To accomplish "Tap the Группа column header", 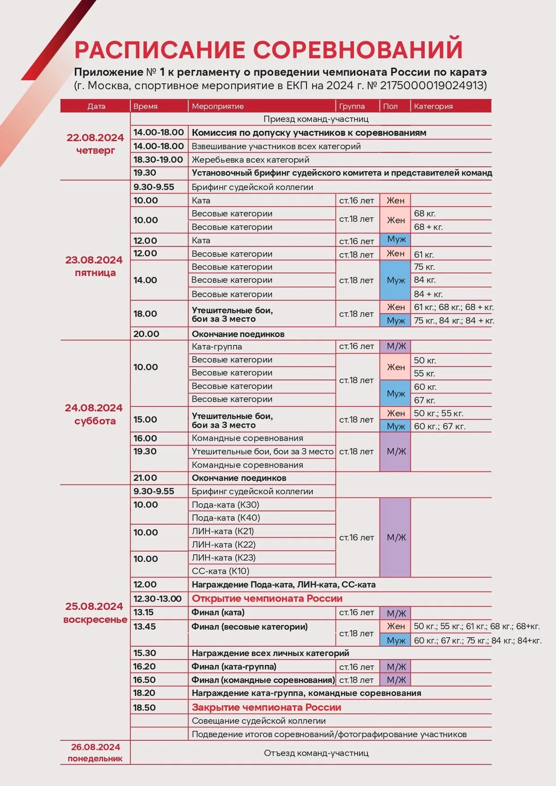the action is (x=352, y=106).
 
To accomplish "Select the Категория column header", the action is (x=433, y=106).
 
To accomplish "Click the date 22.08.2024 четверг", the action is (x=95, y=144).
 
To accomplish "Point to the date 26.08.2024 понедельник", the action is (x=95, y=752).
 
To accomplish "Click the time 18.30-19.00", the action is (x=158, y=160).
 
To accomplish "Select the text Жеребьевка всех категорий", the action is (x=250, y=160).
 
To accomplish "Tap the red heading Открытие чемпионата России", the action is (x=267, y=599).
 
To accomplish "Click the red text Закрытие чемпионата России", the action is (x=267, y=708).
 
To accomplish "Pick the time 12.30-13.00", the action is (x=157, y=599).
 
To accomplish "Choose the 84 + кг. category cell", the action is (x=428, y=294).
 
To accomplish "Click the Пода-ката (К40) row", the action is (x=226, y=518).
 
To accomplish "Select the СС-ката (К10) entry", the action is (x=220, y=571).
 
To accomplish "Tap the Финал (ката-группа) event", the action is (x=234, y=667).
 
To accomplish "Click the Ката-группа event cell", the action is (x=217, y=346).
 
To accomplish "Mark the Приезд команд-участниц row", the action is (x=316, y=119).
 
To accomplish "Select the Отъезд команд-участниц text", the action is (x=316, y=753).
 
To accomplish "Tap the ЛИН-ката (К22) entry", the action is (x=224, y=545).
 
